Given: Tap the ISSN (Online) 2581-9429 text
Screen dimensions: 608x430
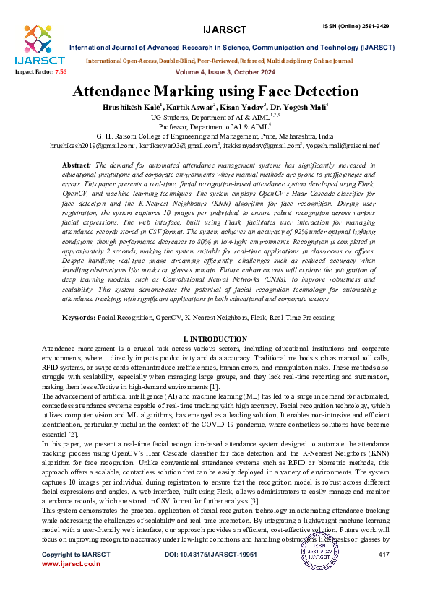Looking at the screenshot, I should tap(356, 26).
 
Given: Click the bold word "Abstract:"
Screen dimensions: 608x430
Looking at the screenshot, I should tap(77, 165).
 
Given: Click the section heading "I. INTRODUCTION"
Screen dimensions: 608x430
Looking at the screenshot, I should tap(215, 338).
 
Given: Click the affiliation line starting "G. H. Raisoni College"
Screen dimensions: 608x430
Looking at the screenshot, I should tap(215, 135).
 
